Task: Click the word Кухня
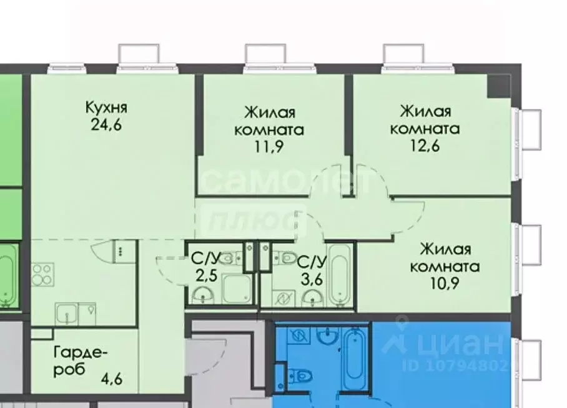(x=106, y=107)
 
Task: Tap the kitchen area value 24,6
(x=106, y=124)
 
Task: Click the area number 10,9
(x=445, y=284)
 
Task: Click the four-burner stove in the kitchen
(x=42, y=273)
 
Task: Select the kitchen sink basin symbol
(x=66, y=311)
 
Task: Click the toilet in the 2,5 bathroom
(x=232, y=258)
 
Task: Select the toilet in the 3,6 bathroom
(x=285, y=257)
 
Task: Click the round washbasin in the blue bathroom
(x=327, y=336)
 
